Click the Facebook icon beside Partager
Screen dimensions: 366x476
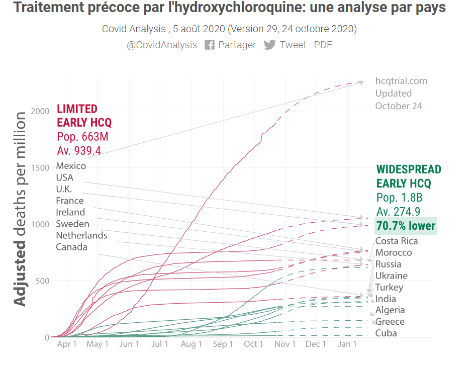pyautogui.click(x=210, y=45)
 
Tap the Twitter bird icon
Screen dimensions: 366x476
pyautogui.click(x=270, y=45)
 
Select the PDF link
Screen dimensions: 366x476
pyautogui.click(x=323, y=45)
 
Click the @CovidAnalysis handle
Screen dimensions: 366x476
pyautogui.click(x=162, y=45)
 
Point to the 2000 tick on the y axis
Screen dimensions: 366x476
pyautogui.click(x=40, y=111)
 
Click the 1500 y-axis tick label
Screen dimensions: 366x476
pyautogui.click(x=40, y=167)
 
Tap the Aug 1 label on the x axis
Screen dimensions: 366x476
pyautogui.click(x=191, y=344)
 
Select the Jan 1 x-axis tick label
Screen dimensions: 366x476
pyautogui.click(x=347, y=344)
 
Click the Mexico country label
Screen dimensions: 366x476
pyautogui.click(x=71, y=166)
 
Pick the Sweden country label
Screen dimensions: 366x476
pyautogui.click(x=72, y=224)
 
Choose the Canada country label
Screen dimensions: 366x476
pyautogui.click(x=71, y=247)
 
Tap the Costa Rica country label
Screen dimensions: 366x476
pyautogui.click(x=397, y=241)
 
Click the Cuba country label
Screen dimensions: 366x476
pyautogui.click(x=386, y=333)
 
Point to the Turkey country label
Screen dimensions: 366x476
pyautogui.click(x=389, y=287)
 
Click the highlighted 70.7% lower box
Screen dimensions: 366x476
pyautogui.click(x=406, y=226)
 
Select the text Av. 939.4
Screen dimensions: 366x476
pyautogui.click(x=79, y=150)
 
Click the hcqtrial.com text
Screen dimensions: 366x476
pyautogui.click(x=401, y=81)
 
